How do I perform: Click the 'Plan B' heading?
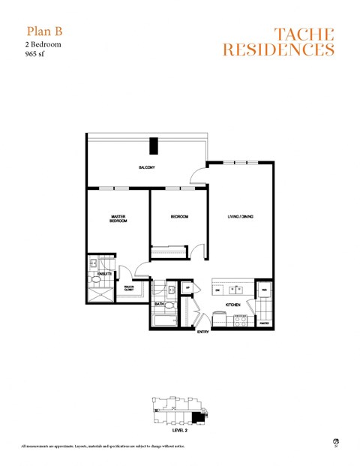click(43, 31)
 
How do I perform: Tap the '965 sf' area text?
click(37, 54)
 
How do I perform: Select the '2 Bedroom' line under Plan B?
click(43, 44)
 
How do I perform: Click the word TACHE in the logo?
click(304, 34)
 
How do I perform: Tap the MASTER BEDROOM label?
click(118, 219)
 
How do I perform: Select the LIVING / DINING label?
click(241, 217)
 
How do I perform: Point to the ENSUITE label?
click(104, 274)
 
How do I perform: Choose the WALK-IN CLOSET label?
click(129, 287)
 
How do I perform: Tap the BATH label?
click(160, 304)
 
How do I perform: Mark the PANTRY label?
click(264, 324)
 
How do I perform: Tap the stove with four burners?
click(241, 319)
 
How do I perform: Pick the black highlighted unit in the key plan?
click(198, 417)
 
